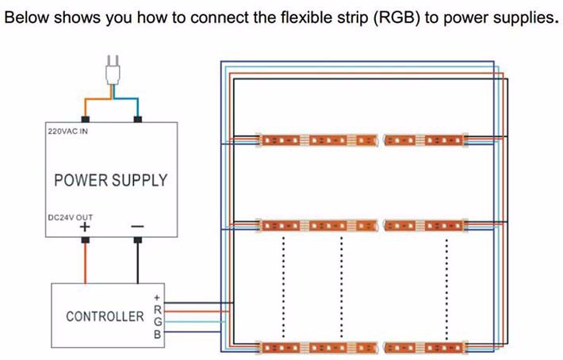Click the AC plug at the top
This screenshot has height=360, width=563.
click(x=112, y=71)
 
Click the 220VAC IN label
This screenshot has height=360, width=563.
click(x=67, y=131)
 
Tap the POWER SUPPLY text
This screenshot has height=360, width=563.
click(x=110, y=180)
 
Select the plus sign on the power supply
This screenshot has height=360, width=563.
click(x=85, y=229)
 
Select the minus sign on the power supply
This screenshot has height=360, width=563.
click(x=138, y=229)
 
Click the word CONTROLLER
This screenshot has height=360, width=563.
click(x=105, y=316)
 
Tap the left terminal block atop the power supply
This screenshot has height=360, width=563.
click(x=85, y=119)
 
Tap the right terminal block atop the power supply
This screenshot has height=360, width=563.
click(x=138, y=119)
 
